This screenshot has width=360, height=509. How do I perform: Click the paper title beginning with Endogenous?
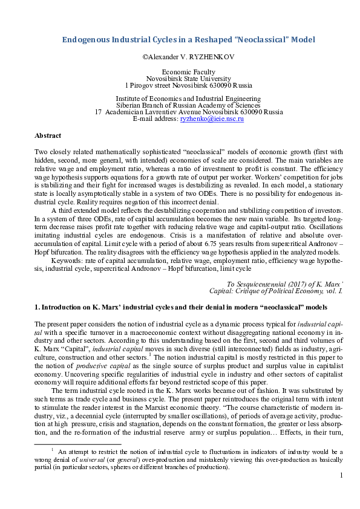point(189,40)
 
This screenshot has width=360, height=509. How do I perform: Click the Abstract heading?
point(48,137)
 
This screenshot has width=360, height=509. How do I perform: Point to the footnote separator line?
point(78,444)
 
